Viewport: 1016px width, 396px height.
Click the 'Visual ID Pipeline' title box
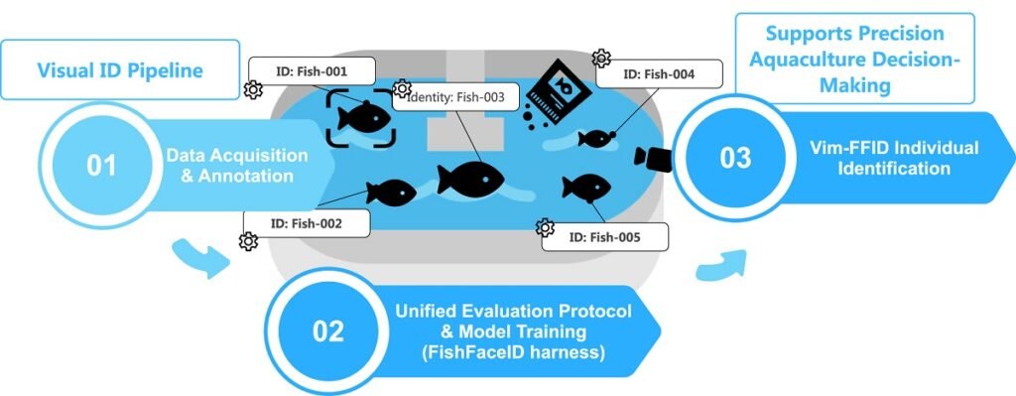click(120, 70)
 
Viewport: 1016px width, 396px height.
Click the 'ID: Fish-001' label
click(313, 71)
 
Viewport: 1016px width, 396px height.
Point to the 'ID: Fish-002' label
click(307, 223)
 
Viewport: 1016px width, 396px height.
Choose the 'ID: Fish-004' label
click(659, 73)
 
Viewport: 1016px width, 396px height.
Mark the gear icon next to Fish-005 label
click(545, 228)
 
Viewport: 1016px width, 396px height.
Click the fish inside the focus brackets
click(361, 116)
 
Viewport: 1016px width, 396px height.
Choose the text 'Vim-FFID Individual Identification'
click(894, 158)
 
